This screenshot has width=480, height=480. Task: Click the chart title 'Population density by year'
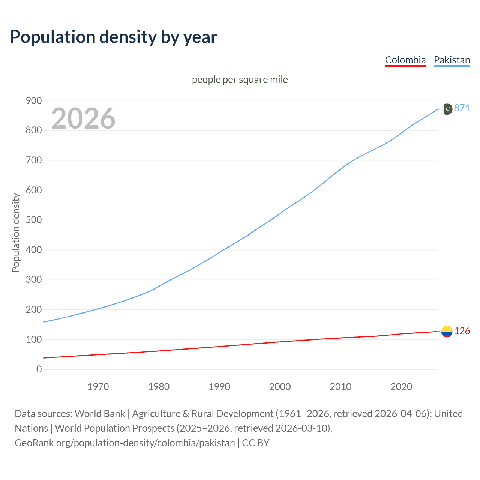click(x=114, y=37)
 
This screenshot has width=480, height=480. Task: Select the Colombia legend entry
click(x=405, y=60)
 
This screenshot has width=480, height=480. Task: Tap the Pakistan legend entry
click(x=451, y=60)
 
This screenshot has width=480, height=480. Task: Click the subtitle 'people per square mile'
click(x=240, y=79)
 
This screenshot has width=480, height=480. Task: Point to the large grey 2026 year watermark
click(x=83, y=118)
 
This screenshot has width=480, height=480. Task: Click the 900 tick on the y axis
click(x=34, y=100)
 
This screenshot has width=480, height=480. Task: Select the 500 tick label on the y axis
click(x=34, y=220)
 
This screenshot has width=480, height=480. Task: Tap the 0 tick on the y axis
click(x=39, y=369)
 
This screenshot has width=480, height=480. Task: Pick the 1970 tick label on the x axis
click(x=98, y=387)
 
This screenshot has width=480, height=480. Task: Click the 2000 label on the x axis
click(x=280, y=387)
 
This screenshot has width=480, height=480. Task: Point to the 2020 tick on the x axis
click(x=401, y=387)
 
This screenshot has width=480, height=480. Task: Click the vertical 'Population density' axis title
click(x=16, y=232)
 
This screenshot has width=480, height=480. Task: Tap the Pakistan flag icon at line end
click(x=447, y=109)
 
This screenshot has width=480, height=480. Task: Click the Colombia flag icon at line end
click(x=447, y=331)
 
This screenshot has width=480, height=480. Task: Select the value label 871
click(x=462, y=108)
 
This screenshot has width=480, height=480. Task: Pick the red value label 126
click(x=462, y=331)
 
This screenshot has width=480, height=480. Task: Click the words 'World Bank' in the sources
click(x=100, y=413)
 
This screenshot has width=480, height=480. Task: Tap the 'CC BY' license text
click(x=256, y=442)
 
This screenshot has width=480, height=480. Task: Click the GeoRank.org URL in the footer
click(x=124, y=442)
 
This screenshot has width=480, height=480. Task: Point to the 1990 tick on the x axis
click(x=219, y=387)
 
